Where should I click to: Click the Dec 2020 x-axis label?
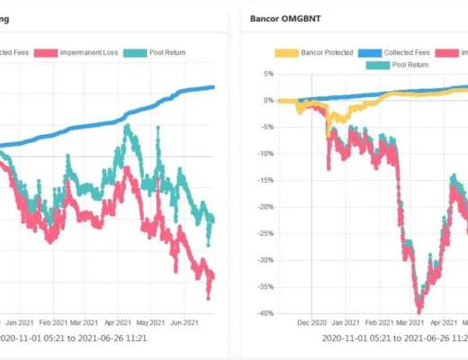point(311,320)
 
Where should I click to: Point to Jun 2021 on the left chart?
point(186,320)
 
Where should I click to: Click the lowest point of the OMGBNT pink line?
point(418,310)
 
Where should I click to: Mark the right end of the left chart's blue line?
point(213,87)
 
